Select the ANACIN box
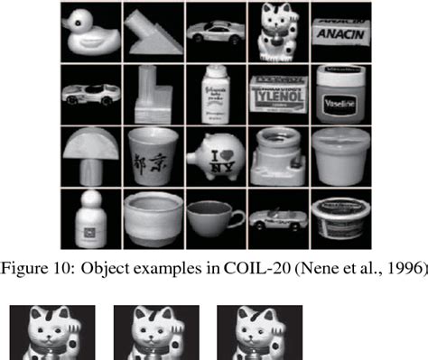tap(340, 31)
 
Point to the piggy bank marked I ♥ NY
tap(215, 154)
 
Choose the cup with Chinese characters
tap(152, 154)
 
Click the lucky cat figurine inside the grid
tap(277, 32)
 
